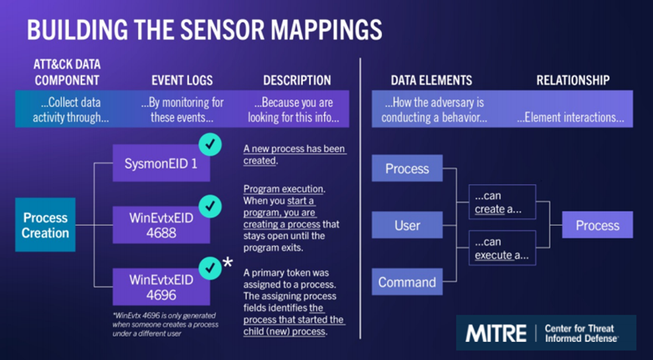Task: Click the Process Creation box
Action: point(45,225)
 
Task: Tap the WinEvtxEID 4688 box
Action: point(161,225)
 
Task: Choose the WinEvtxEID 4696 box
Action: point(161,287)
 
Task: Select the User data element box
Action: point(407,225)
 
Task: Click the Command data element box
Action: point(407,282)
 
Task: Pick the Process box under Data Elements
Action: point(407,168)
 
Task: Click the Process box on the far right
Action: point(597,225)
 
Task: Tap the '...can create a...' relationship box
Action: point(501,202)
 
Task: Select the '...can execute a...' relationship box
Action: point(501,248)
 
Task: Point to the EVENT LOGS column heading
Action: point(182,80)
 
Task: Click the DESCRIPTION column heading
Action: point(297,80)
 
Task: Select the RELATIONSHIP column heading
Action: point(572,80)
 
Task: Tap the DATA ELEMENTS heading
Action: point(431,80)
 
